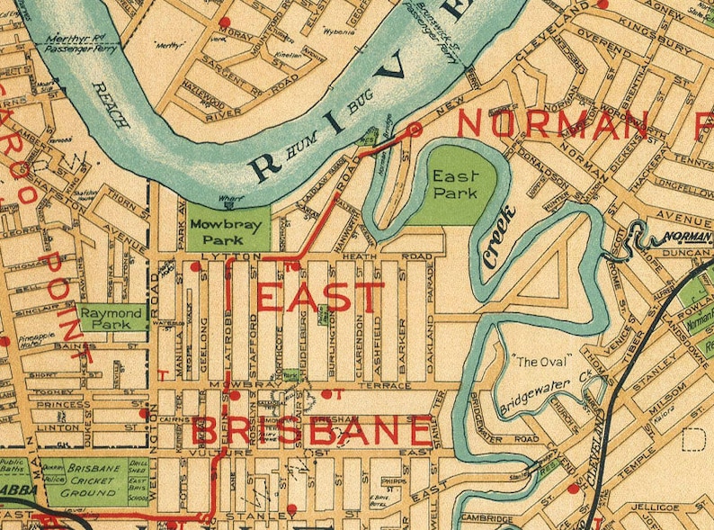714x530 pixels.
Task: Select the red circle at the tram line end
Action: [415, 130]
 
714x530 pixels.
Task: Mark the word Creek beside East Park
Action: [499, 237]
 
